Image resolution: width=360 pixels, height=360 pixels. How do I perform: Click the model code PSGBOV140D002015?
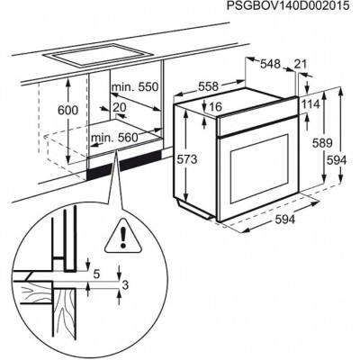click(x=285, y=8)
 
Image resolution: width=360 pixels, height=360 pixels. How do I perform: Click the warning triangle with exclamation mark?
click(x=120, y=238)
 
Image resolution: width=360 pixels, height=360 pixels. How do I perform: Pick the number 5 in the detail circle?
click(x=95, y=268)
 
